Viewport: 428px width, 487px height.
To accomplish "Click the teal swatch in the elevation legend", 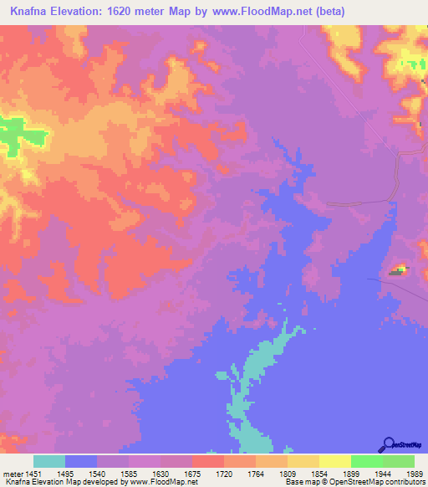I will [x=49, y=461].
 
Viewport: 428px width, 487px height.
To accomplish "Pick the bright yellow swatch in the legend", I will [x=334, y=461].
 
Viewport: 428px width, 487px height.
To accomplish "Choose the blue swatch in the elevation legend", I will [x=81, y=461].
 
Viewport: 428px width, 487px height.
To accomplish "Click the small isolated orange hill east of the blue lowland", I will [x=398, y=270].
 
